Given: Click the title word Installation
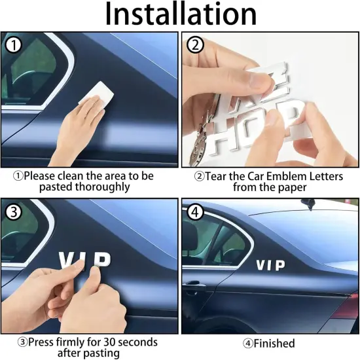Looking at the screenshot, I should [181, 14].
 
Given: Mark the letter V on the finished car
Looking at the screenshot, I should [261, 265].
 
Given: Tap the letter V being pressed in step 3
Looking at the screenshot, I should [68, 261].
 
